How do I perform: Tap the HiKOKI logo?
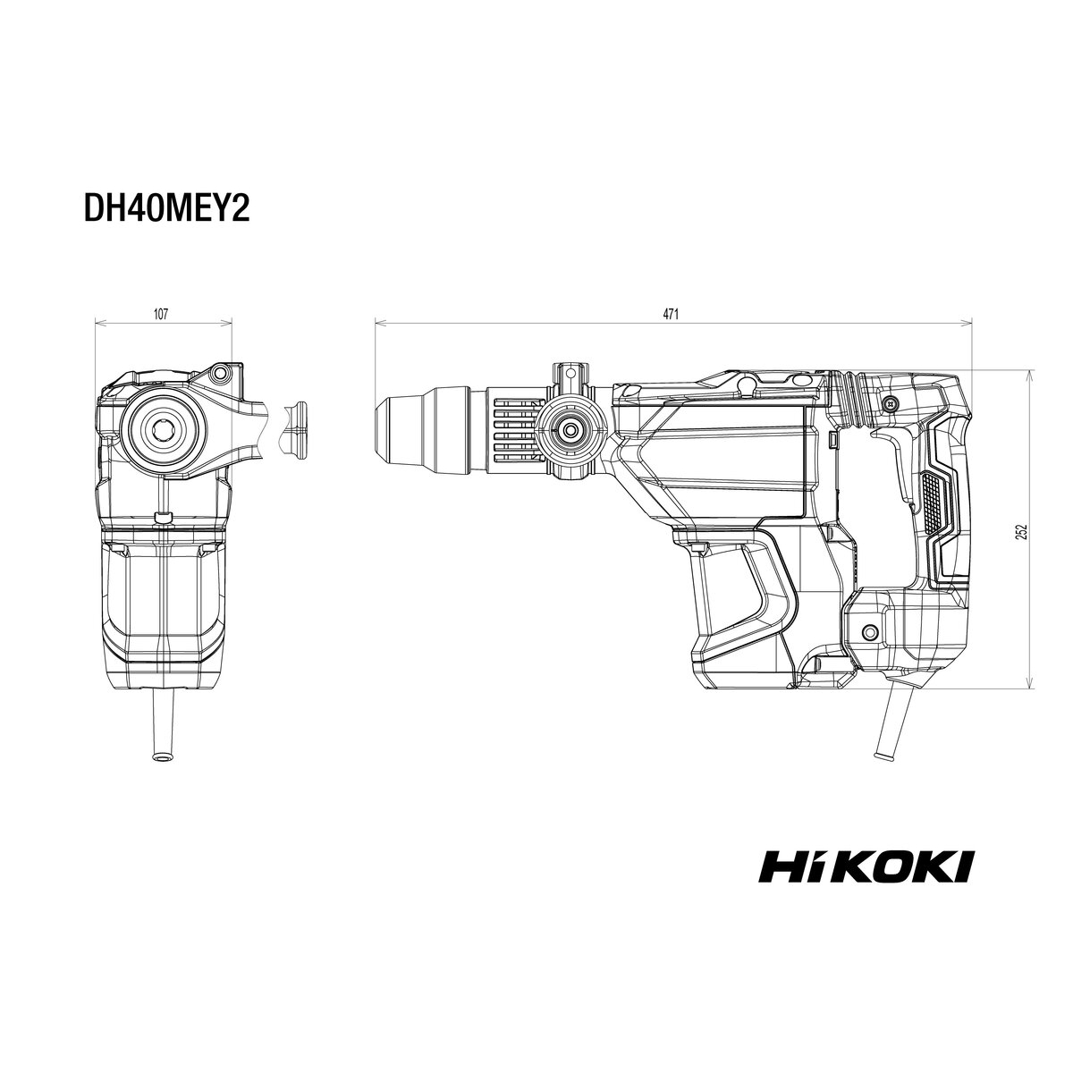point(866,882)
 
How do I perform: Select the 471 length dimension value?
point(671,315)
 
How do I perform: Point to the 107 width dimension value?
point(160,315)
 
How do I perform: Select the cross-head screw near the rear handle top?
point(889,402)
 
